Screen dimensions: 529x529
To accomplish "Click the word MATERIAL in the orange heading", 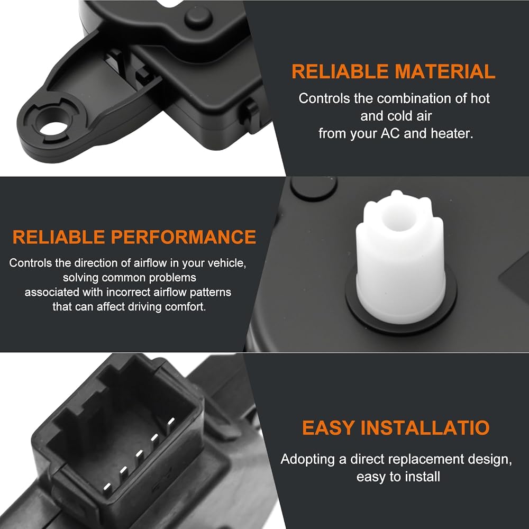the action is point(445,71).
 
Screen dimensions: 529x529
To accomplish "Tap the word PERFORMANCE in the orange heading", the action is point(184,237).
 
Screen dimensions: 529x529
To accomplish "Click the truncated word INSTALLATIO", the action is point(425,428).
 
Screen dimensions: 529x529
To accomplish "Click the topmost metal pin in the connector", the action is point(171,424).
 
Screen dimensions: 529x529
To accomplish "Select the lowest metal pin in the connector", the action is point(107,487).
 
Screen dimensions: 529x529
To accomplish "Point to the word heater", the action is point(452,134).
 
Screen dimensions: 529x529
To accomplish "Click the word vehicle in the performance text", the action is point(227,263).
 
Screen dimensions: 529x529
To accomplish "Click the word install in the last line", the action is point(422,477).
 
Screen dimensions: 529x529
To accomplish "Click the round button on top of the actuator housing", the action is point(199,17).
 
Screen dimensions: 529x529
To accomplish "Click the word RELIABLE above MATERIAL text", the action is point(340,71).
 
